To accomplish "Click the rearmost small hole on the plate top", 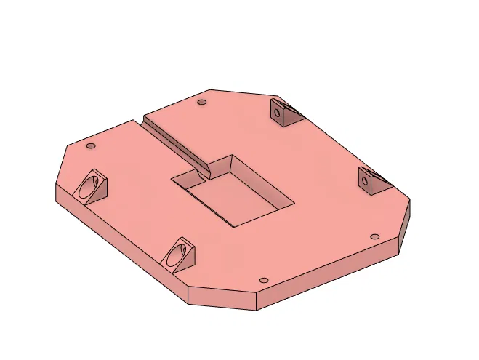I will [202, 103].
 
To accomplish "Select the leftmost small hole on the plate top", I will [91, 146].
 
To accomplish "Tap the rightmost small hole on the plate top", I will [374, 237].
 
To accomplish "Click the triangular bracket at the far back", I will [284, 113].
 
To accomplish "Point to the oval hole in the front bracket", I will [175, 255].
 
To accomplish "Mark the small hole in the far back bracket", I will [278, 112].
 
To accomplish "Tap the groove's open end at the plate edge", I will [142, 119].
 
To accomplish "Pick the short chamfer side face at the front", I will [222, 298].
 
